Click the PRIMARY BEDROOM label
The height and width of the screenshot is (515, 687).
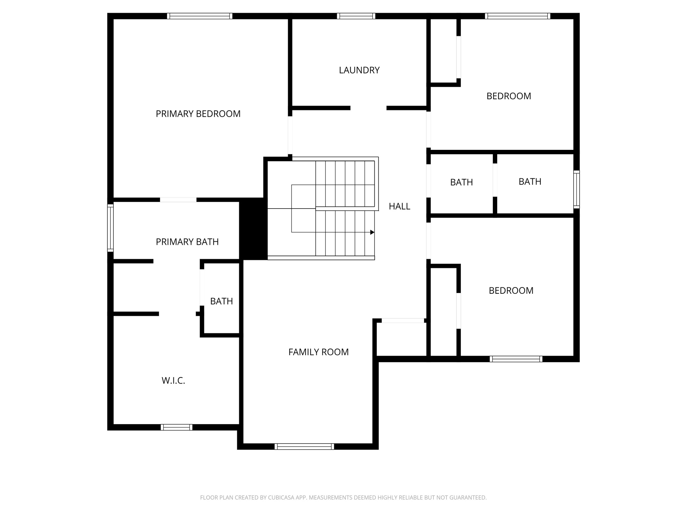click(x=198, y=114)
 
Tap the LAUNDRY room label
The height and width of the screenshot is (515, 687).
click(x=359, y=70)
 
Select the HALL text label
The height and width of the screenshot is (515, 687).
click(x=399, y=207)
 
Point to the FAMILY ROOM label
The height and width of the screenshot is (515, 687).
click(x=318, y=352)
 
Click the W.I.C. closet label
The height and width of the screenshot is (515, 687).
click(x=173, y=381)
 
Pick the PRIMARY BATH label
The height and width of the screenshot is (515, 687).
click(x=187, y=242)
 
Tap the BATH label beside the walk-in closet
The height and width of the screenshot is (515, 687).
click(x=221, y=301)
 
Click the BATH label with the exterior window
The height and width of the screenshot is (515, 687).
click(x=530, y=182)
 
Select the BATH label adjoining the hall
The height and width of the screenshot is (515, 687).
click(x=461, y=182)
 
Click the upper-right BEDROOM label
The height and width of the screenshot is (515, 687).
click(x=509, y=96)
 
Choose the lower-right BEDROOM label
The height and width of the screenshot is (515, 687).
click(x=511, y=291)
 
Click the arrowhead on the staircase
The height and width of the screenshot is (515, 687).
click(x=372, y=232)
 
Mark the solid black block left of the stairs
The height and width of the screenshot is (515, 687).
click(x=253, y=229)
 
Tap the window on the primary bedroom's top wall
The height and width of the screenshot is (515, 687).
click(x=200, y=16)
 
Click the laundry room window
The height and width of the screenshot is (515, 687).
click(x=356, y=16)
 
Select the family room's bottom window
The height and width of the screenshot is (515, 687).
click(x=304, y=446)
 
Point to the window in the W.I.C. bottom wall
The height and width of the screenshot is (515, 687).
click(x=176, y=427)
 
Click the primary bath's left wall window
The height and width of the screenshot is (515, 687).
click(x=110, y=228)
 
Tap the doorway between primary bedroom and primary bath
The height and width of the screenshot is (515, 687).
click(x=178, y=200)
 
